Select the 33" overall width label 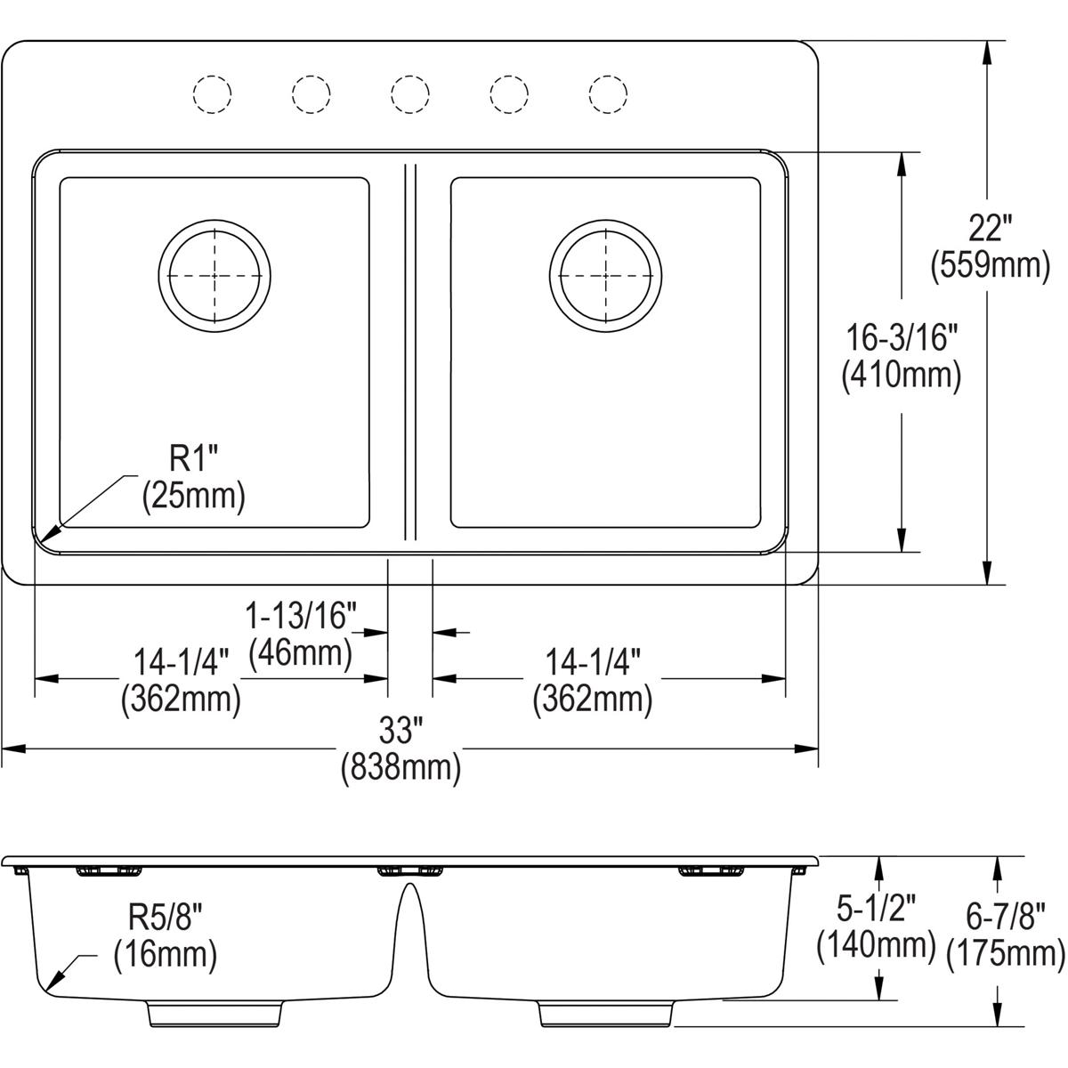coord(400,732)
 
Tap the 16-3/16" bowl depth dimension coord(902,338)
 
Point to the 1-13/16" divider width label coord(301,614)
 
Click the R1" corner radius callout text coord(194,461)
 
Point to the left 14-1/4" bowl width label coord(182,662)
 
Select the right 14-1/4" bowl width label coord(593,662)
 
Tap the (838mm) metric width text coord(400,767)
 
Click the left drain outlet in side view coord(214,1013)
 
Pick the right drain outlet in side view coord(605,1013)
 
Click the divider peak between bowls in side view coord(410,886)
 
